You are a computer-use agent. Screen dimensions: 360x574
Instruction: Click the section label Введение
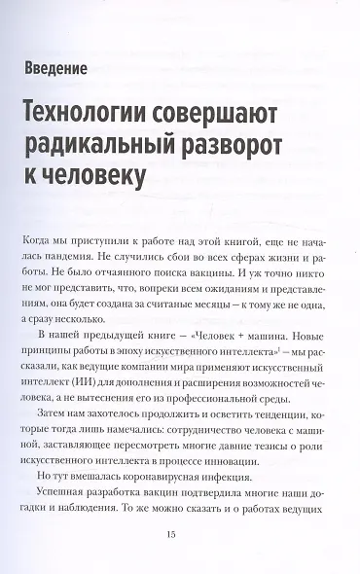tap(67, 69)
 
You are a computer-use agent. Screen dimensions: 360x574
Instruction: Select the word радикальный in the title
tap(109, 144)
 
